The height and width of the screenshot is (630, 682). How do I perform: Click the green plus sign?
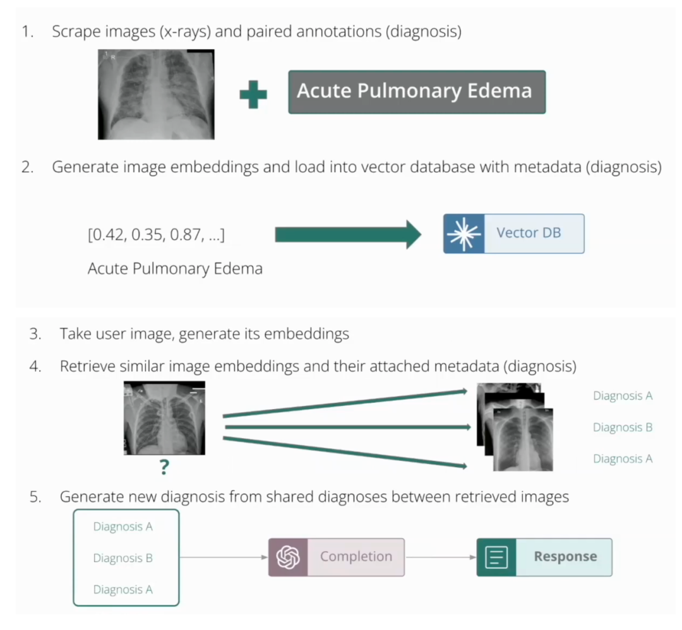tap(253, 95)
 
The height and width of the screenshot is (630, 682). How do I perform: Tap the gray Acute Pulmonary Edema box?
tap(417, 92)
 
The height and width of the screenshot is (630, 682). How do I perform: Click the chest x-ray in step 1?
tap(156, 95)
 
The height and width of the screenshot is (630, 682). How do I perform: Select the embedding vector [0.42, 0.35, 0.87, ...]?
tap(156, 235)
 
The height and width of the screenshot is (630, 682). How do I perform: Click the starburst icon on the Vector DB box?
tap(464, 234)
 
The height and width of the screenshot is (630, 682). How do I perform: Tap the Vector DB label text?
tap(529, 233)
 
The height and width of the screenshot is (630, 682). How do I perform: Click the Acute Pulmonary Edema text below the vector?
tap(175, 269)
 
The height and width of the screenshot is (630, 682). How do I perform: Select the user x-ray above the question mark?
tap(164, 417)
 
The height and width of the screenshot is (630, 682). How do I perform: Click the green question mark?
tap(164, 468)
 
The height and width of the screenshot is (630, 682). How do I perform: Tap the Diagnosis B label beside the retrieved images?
tap(622, 427)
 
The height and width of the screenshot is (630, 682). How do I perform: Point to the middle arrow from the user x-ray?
tap(347, 427)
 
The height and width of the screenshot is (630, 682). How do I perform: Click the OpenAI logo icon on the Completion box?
tap(288, 557)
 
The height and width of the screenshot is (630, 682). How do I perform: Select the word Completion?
tap(356, 557)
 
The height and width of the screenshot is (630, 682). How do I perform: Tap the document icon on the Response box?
tap(496, 557)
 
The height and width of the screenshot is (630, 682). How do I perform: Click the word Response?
tap(565, 557)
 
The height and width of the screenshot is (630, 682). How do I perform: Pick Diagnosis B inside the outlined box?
tap(123, 558)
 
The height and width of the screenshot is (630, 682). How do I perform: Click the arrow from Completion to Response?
tap(440, 557)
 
